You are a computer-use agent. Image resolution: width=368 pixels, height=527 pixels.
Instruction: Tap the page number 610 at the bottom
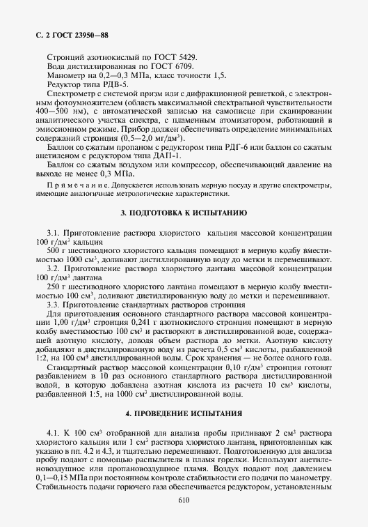tap(184, 501)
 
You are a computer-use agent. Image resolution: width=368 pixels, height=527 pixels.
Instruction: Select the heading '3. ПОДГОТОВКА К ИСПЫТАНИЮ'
tap(184, 212)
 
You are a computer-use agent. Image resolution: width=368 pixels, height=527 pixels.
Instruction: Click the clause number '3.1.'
tap(54, 231)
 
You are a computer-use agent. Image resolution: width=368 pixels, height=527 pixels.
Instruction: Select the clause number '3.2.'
tap(54, 268)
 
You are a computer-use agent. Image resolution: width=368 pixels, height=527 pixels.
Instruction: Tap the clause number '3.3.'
tap(54, 305)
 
